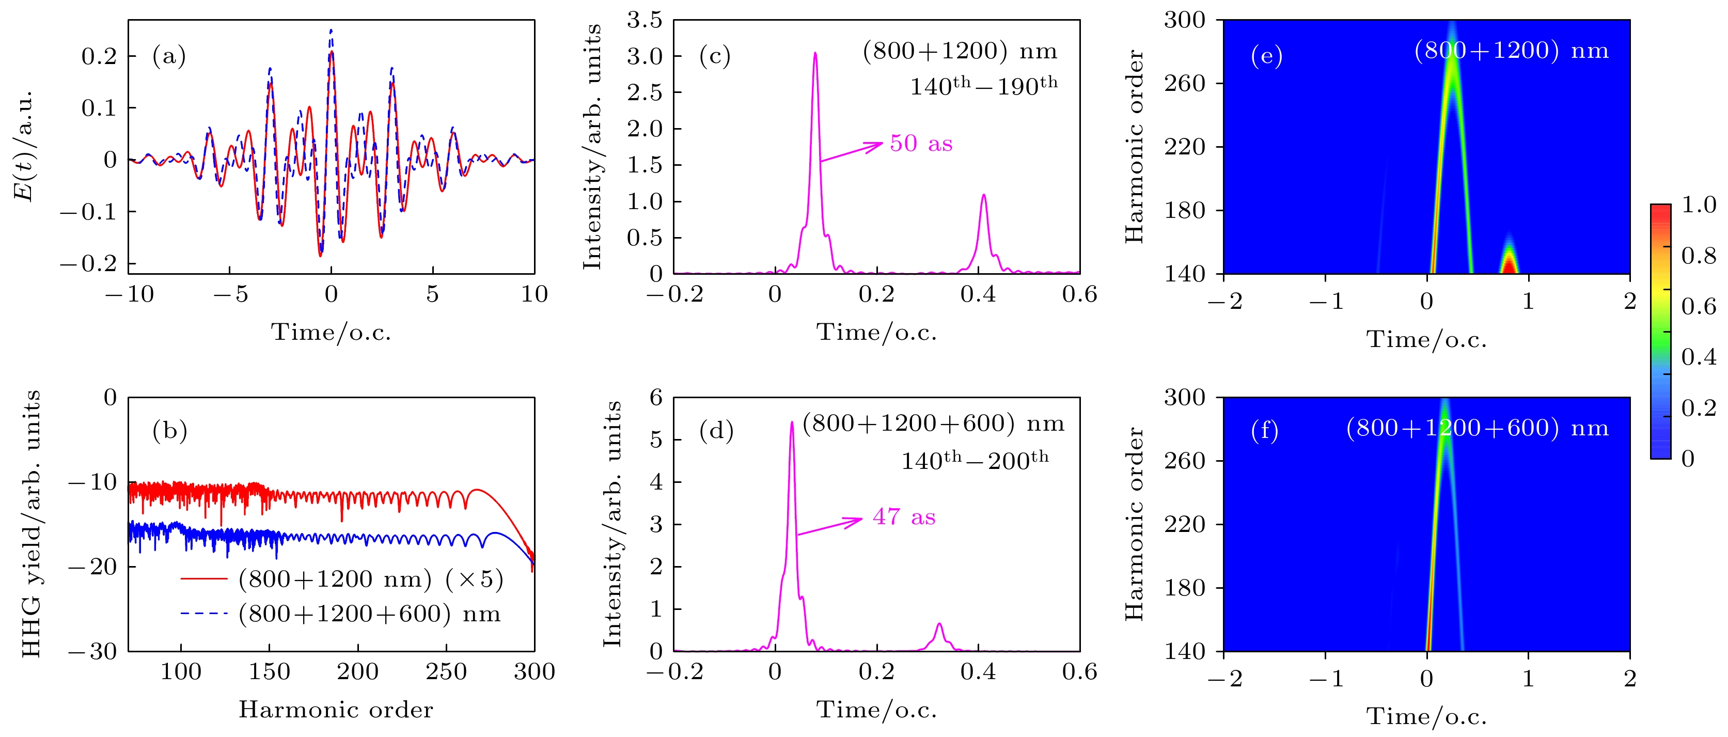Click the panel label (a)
(169, 56)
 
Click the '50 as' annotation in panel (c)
(921, 144)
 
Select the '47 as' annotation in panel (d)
(904, 517)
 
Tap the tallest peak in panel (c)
(815, 54)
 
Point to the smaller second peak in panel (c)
(983, 196)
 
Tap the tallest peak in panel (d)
(792, 423)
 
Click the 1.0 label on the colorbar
(1699, 205)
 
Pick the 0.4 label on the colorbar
(1699, 357)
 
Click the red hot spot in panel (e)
(1509, 265)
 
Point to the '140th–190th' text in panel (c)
(983, 86)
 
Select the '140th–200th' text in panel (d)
(974, 460)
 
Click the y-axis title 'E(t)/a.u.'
(24, 146)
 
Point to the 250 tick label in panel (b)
(445, 672)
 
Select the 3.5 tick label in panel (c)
(644, 21)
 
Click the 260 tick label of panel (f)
(1184, 461)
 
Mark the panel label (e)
(1266, 56)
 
